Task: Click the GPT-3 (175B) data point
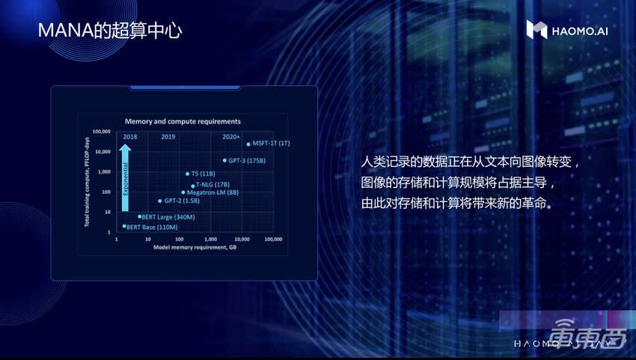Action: click(x=224, y=160)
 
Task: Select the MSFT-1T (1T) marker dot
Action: click(x=248, y=144)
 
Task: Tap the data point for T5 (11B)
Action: click(x=187, y=174)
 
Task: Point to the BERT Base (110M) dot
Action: click(x=124, y=226)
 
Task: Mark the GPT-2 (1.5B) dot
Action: click(x=160, y=201)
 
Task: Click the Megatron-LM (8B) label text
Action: click(x=212, y=192)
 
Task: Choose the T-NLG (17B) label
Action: click(x=212, y=184)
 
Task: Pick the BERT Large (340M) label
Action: click(x=169, y=217)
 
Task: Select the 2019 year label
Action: click(x=168, y=136)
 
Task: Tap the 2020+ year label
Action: click(x=231, y=136)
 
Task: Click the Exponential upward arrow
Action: click(x=126, y=180)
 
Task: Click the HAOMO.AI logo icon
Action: click(x=536, y=29)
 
